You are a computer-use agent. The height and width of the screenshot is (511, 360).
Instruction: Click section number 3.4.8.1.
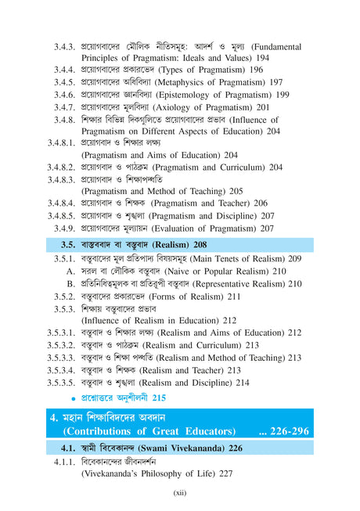click(60, 144)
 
